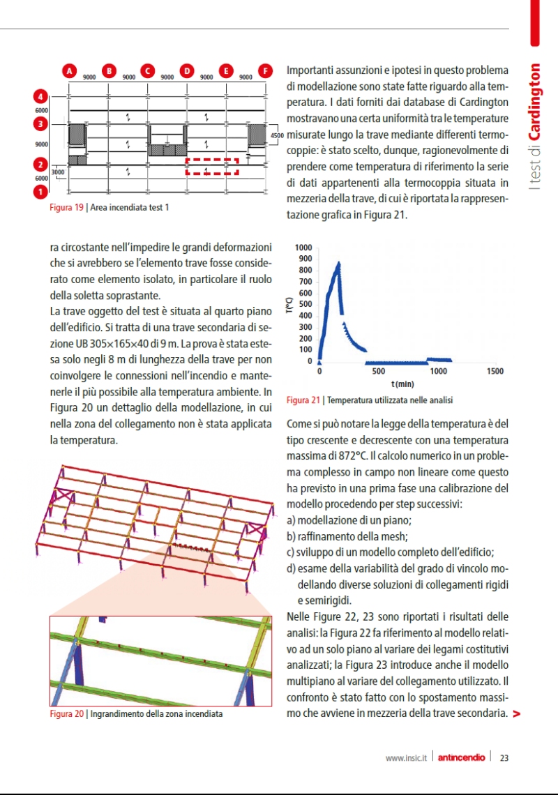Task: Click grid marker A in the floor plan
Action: pyautogui.click(x=69, y=70)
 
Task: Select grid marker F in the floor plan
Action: pyautogui.click(x=265, y=70)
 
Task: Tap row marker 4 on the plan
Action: pyautogui.click(x=41, y=96)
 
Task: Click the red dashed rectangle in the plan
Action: pyautogui.click(x=212, y=166)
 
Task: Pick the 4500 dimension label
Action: pyautogui.click(x=276, y=135)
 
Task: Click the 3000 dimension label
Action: pyautogui.click(x=57, y=172)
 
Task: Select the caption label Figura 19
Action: pyautogui.click(x=66, y=207)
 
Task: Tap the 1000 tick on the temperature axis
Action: pyautogui.click(x=304, y=248)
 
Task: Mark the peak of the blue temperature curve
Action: pyautogui.click(x=339, y=263)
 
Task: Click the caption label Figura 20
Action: pyautogui.click(x=66, y=714)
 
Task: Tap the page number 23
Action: pyautogui.click(x=504, y=758)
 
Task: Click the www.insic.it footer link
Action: pyautogui.click(x=406, y=758)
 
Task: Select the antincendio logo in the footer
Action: pyautogui.click(x=462, y=758)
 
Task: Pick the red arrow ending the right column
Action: pyautogui.click(x=516, y=713)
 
